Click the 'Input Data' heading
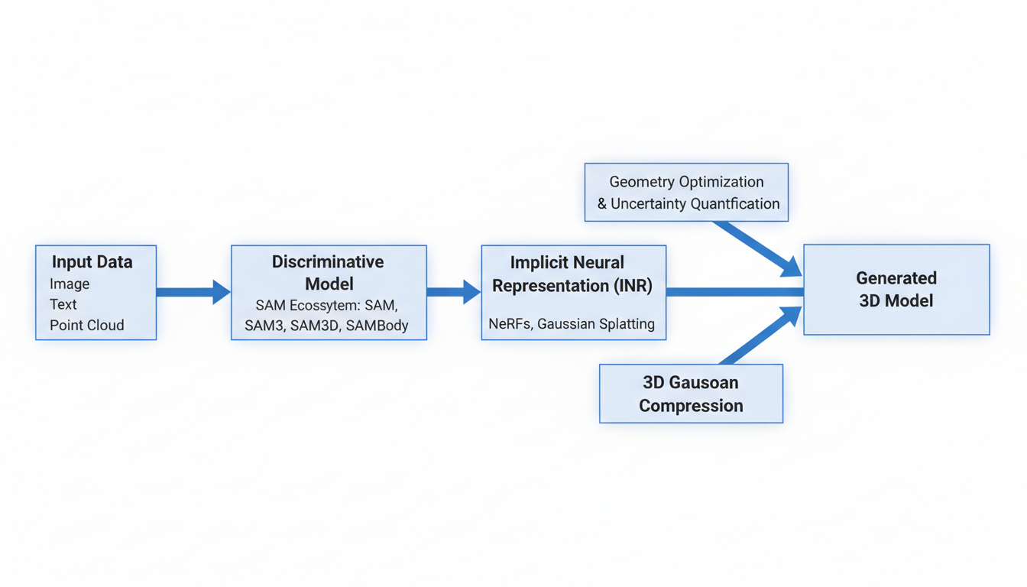coord(92,262)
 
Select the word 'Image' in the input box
coord(70,284)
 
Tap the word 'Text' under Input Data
coord(63,304)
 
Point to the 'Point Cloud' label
coord(86,325)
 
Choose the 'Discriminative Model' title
coord(329,273)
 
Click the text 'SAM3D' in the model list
coord(314,326)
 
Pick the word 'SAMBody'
coord(377,326)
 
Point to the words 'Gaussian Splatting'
coord(596,324)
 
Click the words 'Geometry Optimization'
coord(686,182)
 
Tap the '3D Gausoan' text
coord(691,382)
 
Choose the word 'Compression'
coord(691,406)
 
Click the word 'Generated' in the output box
coord(896,278)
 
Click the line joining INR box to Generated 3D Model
coord(734,292)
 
